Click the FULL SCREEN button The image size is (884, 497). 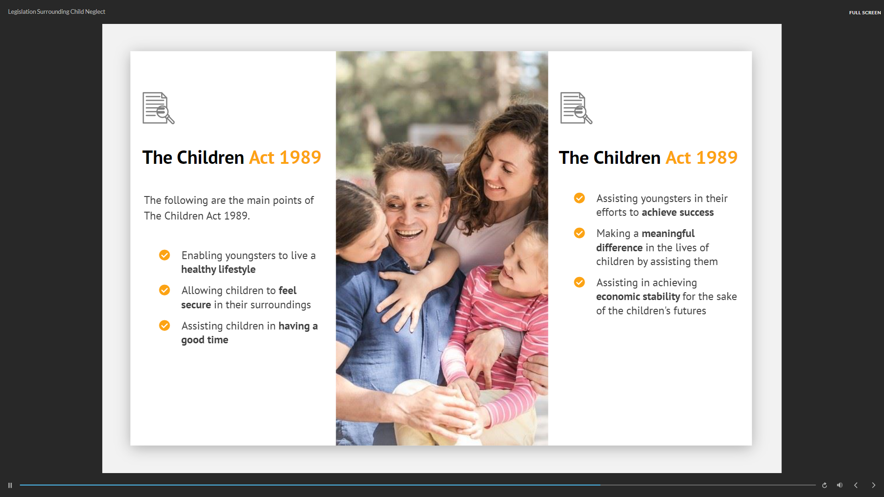click(x=865, y=12)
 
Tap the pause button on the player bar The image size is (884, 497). click(x=10, y=485)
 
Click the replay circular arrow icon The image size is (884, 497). click(x=825, y=485)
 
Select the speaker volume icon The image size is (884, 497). click(x=840, y=485)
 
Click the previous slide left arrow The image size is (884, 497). click(x=856, y=485)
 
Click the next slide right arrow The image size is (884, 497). click(x=873, y=485)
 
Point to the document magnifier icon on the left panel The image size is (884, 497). click(x=158, y=108)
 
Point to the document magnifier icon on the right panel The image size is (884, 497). click(x=576, y=108)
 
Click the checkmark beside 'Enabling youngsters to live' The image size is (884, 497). click(x=164, y=255)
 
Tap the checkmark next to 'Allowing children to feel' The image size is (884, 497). click(x=164, y=290)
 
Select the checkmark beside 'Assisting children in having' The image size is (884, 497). click(x=164, y=325)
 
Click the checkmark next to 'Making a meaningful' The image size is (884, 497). click(x=579, y=233)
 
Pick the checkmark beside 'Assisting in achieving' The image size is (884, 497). click(x=579, y=282)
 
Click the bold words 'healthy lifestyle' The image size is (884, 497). click(x=218, y=270)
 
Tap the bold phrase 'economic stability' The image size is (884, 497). click(x=638, y=297)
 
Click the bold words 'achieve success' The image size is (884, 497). click(x=678, y=213)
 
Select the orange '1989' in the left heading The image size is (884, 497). click(x=300, y=157)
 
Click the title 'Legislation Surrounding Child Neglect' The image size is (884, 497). click(x=57, y=12)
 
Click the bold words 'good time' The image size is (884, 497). click(x=205, y=340)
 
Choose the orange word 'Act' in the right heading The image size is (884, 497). click(x=678, y=158)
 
